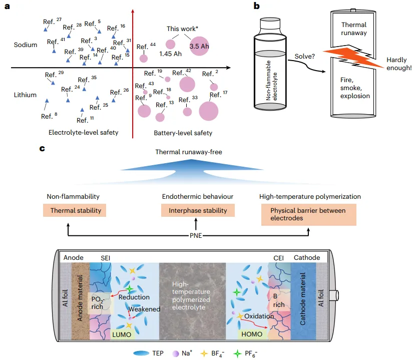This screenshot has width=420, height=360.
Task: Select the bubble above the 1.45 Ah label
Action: tap(171, 44)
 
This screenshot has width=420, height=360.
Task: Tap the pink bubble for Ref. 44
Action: tap(143, 58)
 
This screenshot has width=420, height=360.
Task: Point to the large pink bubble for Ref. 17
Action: tap(209, 111)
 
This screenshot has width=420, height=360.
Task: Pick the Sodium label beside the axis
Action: tap(25, 45)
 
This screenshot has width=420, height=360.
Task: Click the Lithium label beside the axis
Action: tap(25, 95)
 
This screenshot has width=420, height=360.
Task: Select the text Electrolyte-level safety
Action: tap(83, 132)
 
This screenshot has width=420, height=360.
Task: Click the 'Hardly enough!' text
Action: tap(399, 64)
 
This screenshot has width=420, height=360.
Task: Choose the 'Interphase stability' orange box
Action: tap(196, 210)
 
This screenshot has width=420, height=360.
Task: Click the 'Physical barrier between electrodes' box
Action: tap(309, 214)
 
